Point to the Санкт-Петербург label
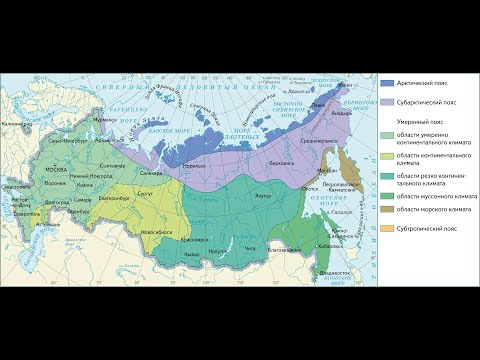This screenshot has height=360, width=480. click(x=62, y=143)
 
